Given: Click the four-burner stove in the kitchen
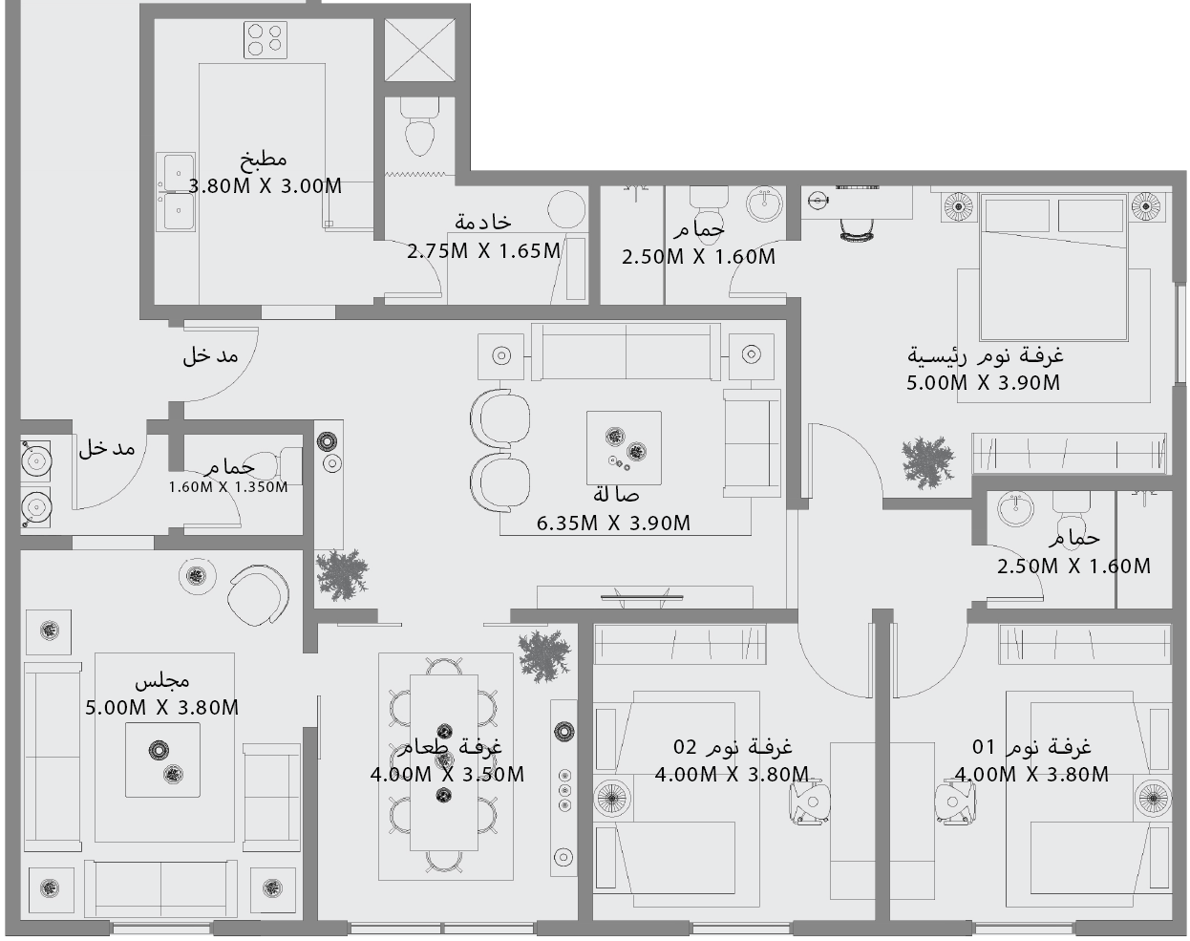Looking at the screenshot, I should tap(265, 38).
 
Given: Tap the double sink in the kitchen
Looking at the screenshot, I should tap(177, 192).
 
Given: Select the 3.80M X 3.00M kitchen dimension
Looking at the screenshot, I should tap(266, 186).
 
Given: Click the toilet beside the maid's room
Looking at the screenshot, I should tap(419, 130).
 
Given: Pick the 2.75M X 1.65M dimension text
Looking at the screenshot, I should tap(483, 251).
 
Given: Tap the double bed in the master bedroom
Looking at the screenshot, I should tap(1054, 267).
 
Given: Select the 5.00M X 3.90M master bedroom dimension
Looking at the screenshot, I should tap(983, 383).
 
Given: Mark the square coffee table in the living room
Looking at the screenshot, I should tap(624, 447).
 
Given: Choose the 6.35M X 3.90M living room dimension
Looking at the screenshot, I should tap(613, 524).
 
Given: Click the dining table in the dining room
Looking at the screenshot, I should tap(444, 761).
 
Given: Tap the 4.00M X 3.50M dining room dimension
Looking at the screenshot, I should tap(447, 775).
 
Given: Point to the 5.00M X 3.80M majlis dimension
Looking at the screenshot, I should tap(161, 708).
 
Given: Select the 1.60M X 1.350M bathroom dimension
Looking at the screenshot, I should tap(227, 487).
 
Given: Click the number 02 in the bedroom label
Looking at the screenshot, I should tap(686, 746).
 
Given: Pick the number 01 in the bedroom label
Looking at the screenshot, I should tap(984, 746).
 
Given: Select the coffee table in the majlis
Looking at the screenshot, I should tap(163, 759).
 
